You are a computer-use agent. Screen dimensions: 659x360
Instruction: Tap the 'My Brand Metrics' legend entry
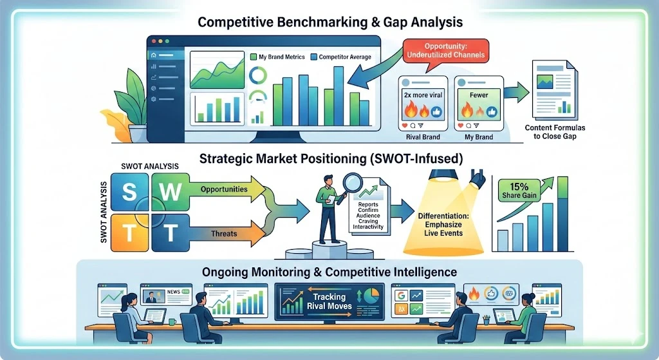pos(277,57)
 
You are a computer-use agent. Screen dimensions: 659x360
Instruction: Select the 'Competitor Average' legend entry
pos(341,57)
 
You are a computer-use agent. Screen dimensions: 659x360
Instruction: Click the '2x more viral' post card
pos(423,104)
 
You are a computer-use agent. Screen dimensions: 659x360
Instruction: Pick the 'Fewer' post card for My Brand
pos(479,104)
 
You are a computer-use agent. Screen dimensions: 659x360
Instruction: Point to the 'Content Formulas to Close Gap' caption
pos(555,131)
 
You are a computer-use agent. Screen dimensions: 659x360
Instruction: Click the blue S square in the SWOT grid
pos(129,192)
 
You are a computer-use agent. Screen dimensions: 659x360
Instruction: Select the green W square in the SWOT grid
pos(170,192)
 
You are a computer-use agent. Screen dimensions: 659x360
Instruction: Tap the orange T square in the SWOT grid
pos(129,232)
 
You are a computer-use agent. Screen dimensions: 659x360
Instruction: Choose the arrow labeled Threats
pos(227,233)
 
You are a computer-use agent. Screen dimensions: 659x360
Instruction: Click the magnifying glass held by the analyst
pos(352,183)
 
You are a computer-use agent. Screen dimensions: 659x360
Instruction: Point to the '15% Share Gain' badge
pos(519,190)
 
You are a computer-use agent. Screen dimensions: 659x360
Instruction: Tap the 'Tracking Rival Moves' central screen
pos(329,301)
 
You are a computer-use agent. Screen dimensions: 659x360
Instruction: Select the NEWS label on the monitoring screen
pos(174,292)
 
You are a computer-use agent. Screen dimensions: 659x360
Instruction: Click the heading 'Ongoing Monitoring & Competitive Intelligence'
pos(329,272)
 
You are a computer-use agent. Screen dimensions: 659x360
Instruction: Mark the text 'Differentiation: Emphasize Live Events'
pos(443,225)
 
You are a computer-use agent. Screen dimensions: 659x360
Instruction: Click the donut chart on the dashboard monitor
pos(257,76)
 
